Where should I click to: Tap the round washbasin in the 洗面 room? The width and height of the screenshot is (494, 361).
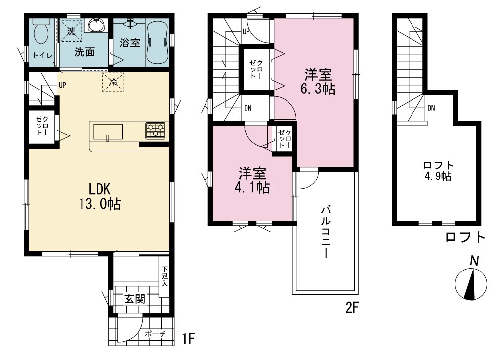(x=96, y=25)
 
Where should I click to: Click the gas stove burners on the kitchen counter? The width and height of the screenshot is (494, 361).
(x=155, y=131)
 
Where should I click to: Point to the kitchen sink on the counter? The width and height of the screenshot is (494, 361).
(x=108, y=132)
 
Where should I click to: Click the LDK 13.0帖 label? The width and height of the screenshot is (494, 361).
(x=100, y=196)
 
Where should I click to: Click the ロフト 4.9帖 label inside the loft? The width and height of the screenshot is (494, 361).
(x=438, y=171)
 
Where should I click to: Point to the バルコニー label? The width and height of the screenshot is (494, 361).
(x=326, y=232)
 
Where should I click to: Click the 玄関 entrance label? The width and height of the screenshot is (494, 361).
(x=135, y=298)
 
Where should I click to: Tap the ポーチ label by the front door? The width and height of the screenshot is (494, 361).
(x=155, y=334)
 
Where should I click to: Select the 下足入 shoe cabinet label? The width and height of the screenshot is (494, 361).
(x=165, y=276)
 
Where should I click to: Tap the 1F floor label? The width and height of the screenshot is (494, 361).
(x=189, y=339)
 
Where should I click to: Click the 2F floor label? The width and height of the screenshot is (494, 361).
(x=352, y=308)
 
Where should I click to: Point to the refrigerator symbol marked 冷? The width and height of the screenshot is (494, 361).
(x=113, y=82)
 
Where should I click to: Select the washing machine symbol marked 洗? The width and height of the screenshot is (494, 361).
(x=71, y=31)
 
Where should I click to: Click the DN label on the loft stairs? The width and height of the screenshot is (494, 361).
(x=431, y=108)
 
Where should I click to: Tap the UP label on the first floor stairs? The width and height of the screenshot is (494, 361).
(x=62, y=85)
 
